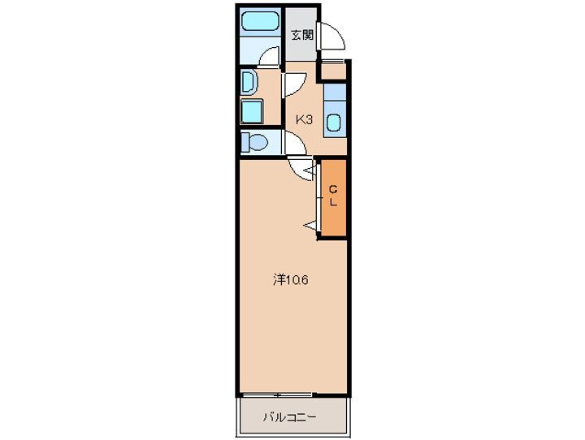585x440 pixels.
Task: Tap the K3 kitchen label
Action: click(304, 119)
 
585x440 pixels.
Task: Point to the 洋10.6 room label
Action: click(289, 280)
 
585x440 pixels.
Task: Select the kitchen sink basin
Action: click(333, 123)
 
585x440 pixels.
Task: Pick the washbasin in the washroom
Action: click(249, 81)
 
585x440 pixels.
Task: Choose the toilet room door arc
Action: click(294, 144)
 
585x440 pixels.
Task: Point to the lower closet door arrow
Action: click(310, 224)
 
